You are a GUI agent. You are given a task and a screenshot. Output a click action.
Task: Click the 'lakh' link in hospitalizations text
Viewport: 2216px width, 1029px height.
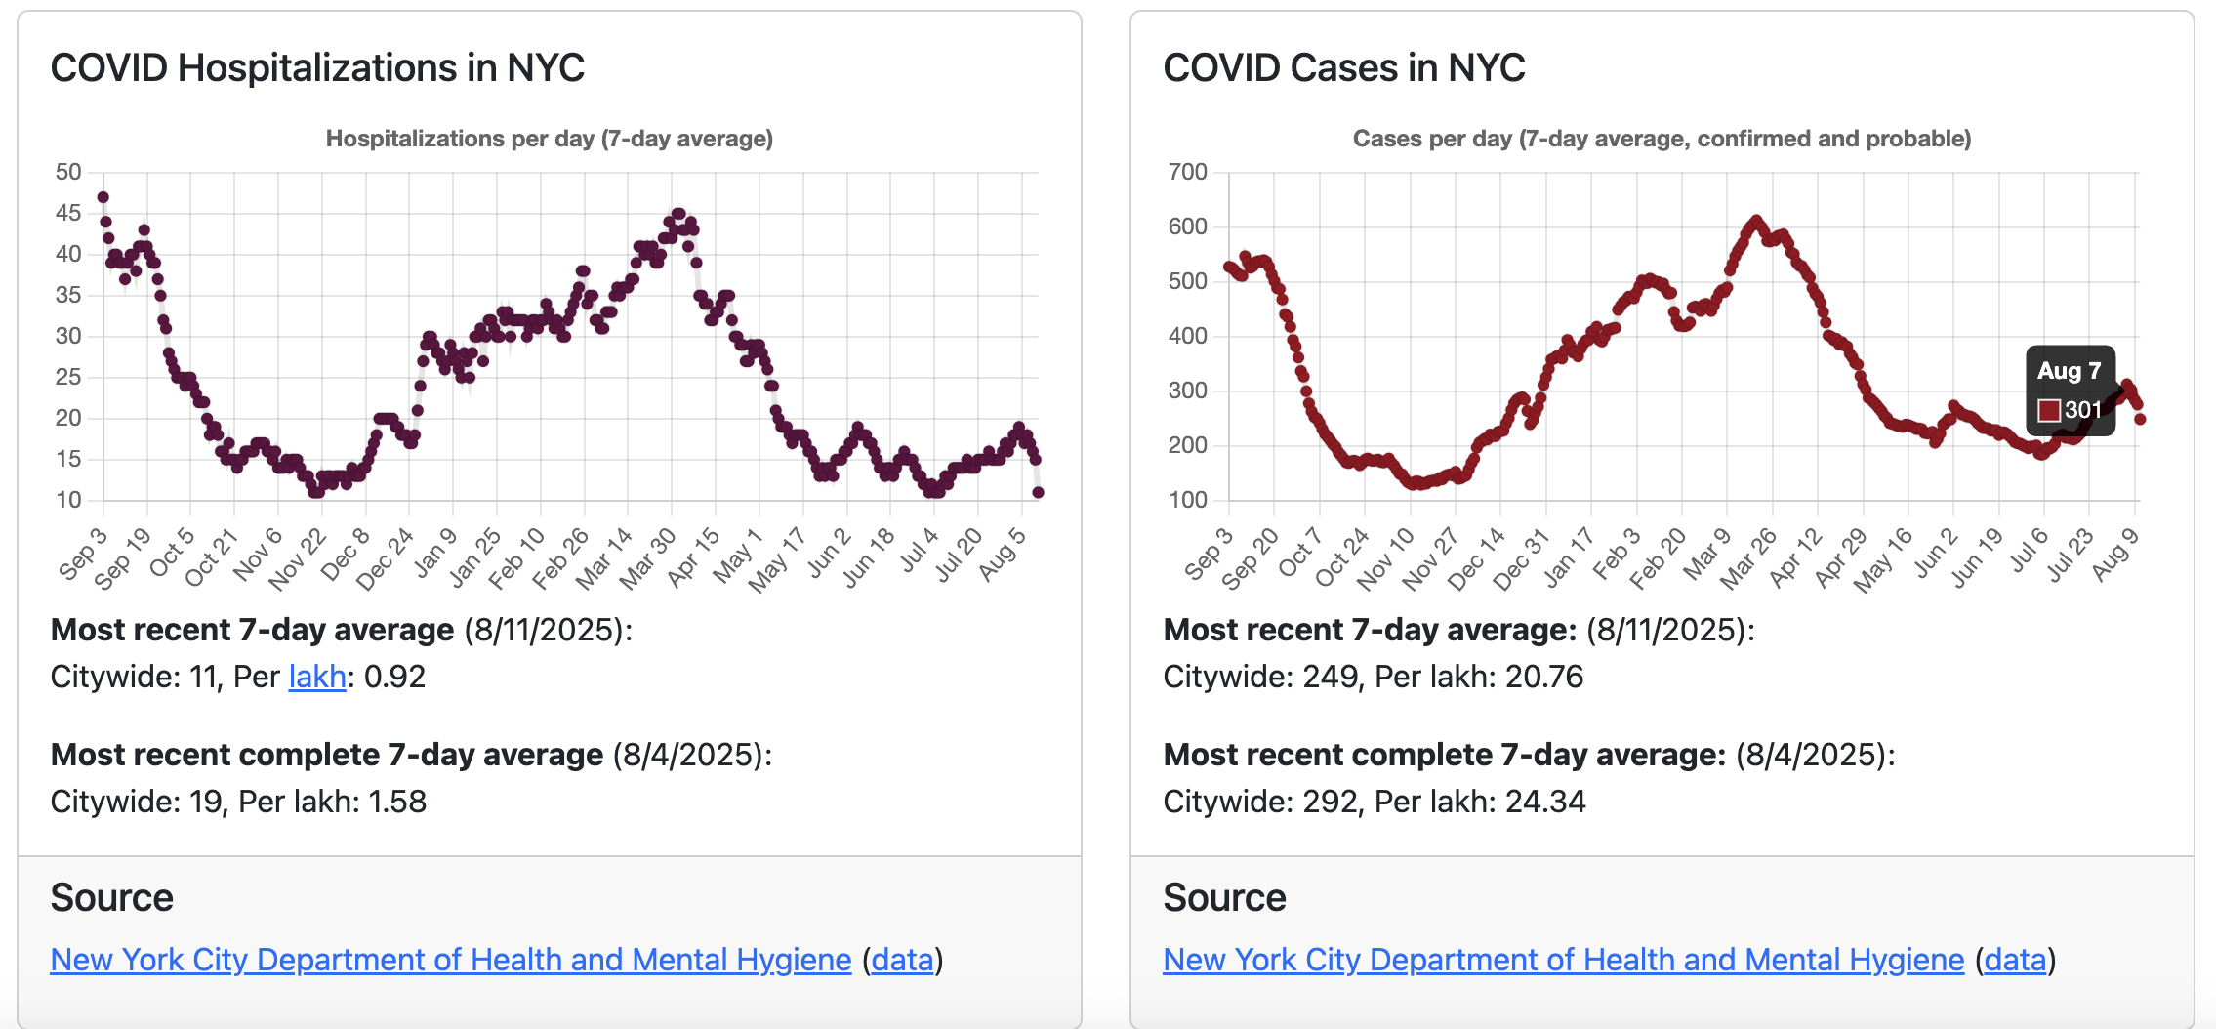click(x=317, y=677)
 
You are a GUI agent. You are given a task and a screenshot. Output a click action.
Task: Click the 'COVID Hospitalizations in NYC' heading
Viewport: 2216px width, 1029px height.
click(x=317, y=68)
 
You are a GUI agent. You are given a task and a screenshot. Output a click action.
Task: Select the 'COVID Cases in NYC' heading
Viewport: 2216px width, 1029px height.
click(x=1343, y=68)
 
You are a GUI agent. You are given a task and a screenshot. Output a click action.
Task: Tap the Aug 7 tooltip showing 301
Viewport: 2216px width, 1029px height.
click(x=2071, y=391)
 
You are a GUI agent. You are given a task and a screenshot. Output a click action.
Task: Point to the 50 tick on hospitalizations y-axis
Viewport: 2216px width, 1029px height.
click(x=68, y=172)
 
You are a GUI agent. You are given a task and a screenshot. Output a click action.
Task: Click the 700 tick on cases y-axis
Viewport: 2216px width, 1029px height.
click(x=1187, y=172)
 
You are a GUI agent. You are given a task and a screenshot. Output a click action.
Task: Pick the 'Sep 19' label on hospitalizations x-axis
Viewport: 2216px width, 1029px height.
click(x=124, y=558)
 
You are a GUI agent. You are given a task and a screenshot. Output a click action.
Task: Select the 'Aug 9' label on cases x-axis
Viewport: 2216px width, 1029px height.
click(x=2115, y=555)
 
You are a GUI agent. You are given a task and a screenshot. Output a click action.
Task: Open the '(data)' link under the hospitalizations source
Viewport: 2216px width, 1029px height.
click(x=902, y=960)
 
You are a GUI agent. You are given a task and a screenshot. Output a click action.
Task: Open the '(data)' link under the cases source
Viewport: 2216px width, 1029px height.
click(x=2015, y=960)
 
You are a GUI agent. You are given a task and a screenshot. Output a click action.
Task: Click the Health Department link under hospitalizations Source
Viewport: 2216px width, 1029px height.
click(x=450, y=960)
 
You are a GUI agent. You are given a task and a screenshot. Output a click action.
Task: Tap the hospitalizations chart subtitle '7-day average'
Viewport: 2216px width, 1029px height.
click(x=687, y=139)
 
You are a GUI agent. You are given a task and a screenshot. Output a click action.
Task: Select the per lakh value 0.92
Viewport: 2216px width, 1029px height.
click(x=394, y=677)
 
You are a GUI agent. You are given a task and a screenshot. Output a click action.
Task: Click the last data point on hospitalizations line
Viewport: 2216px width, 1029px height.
click(x=1038, y=492)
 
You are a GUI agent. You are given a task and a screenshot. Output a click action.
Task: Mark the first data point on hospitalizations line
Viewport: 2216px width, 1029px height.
click(x=103, y=197)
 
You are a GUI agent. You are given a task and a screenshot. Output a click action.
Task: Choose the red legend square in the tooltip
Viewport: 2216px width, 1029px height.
click(x=2049, y=410)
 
